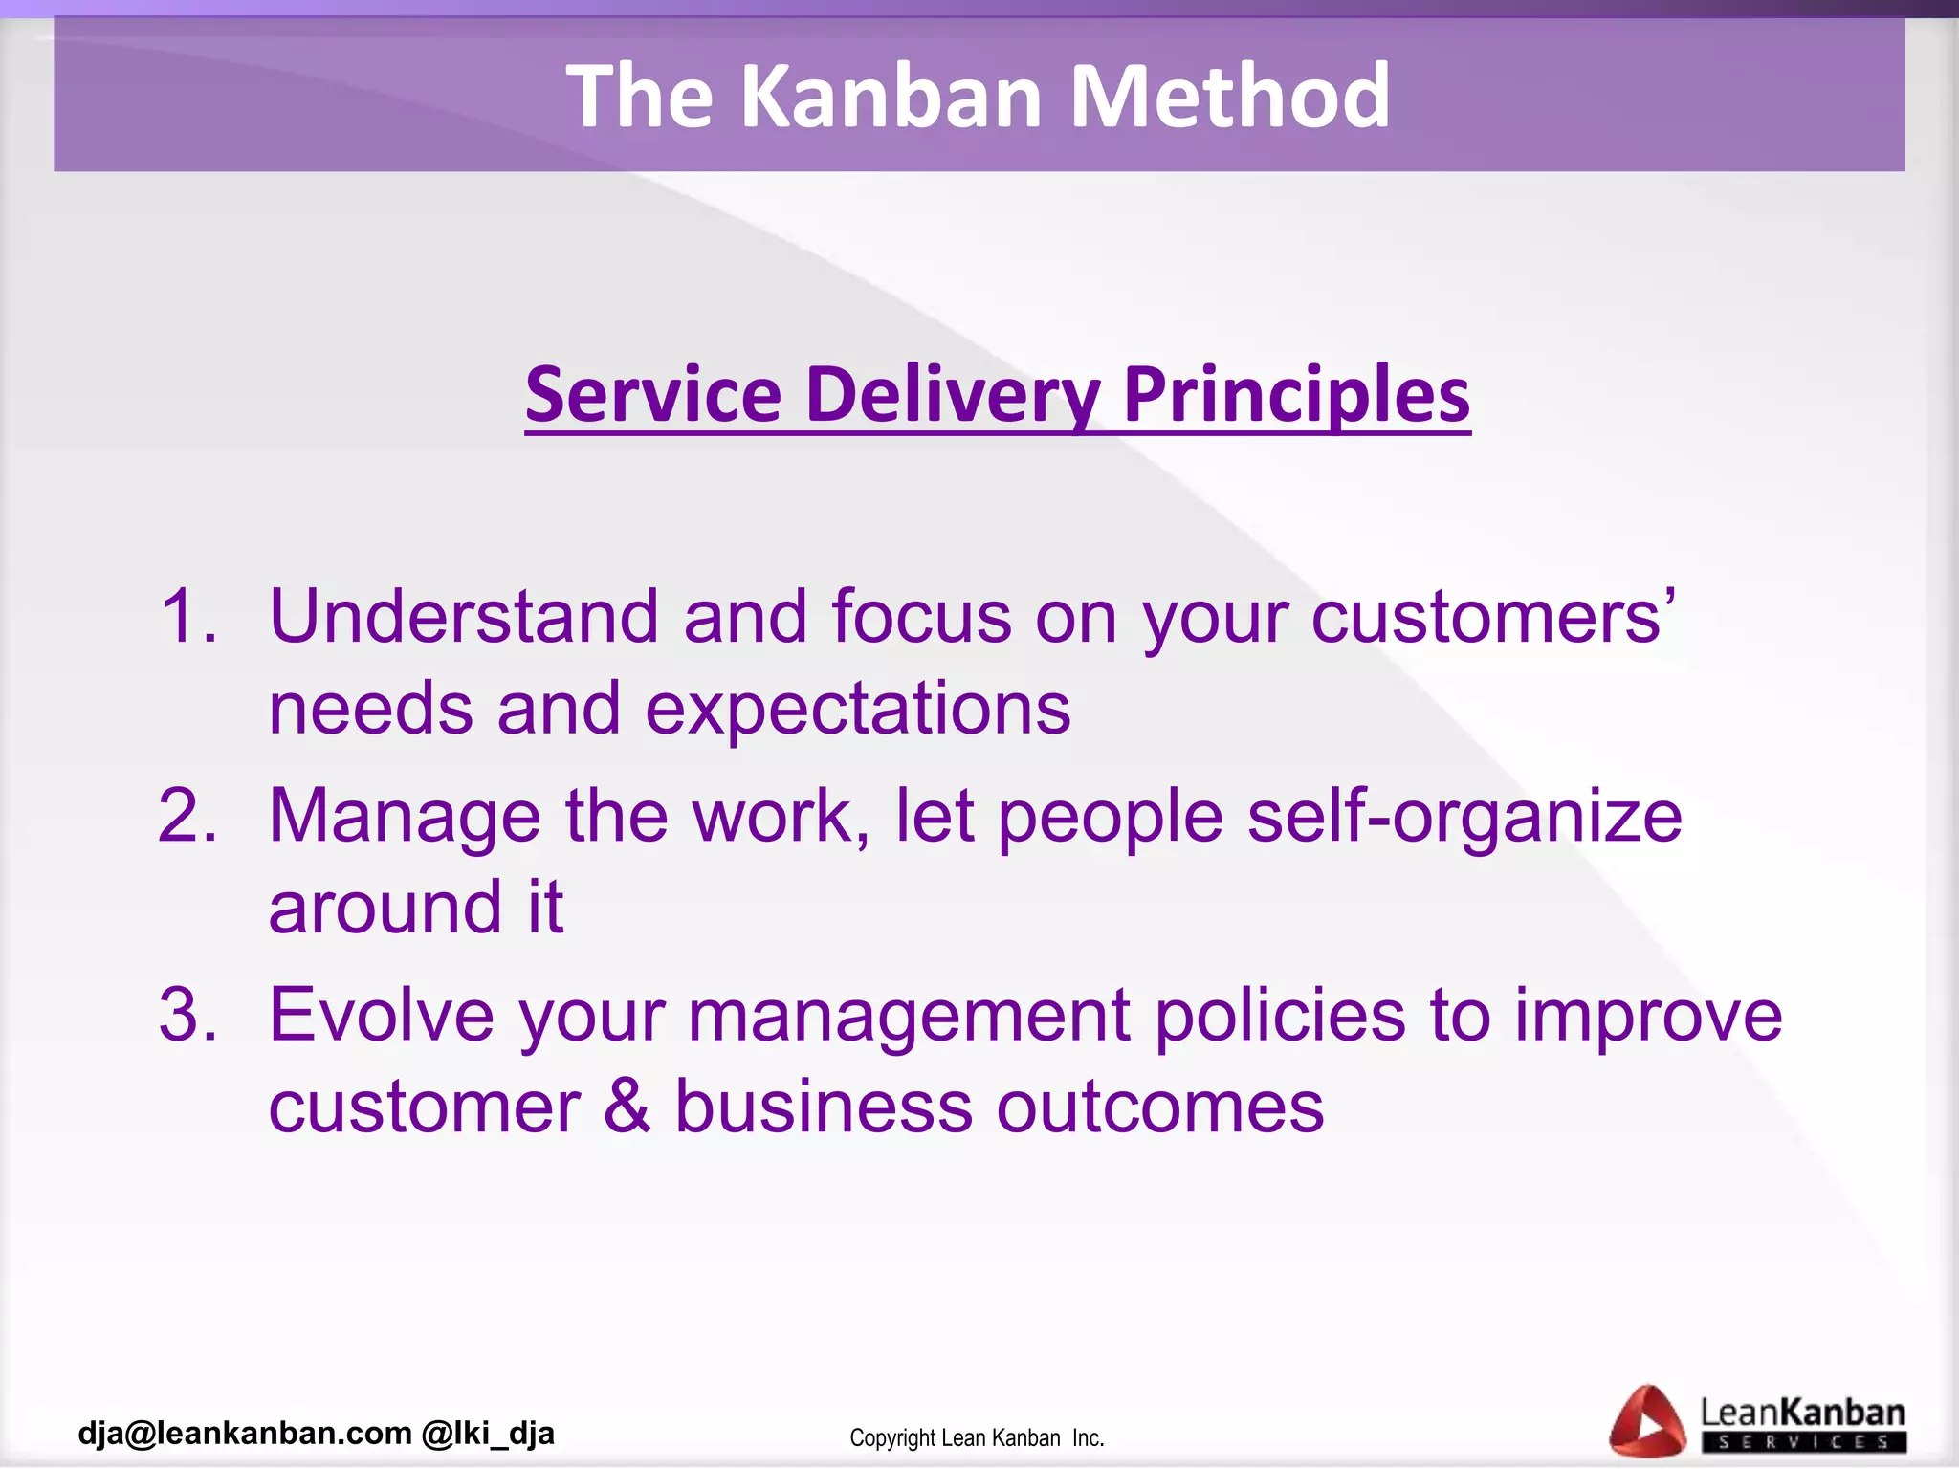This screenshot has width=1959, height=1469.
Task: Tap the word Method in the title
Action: [x=1229, y=96]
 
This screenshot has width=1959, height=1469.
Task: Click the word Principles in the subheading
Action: [x=1296, y=396]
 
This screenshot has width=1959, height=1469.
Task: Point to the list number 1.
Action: [x=187, y=616]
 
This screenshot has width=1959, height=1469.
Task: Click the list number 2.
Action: [x=187, y=816]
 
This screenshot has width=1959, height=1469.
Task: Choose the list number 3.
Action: [x=187, y=1015]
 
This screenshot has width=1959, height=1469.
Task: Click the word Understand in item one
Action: [x=464, y=616]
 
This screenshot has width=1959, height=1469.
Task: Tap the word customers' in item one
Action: [x=1492, y=618]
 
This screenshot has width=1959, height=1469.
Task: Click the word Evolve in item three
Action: [x=382, y=1015]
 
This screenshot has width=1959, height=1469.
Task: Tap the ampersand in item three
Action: [x=627, y=1107]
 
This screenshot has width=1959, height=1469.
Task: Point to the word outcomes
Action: [x=1160, y=1107]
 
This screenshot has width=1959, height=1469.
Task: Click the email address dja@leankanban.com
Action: [x=245, y=1433]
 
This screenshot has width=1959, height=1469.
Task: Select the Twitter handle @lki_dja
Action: [x=488, y=1433]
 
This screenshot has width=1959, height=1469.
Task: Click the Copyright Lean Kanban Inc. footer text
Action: [x=977, y=1438]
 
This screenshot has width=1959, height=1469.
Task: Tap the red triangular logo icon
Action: [x=1646, y=1421]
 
